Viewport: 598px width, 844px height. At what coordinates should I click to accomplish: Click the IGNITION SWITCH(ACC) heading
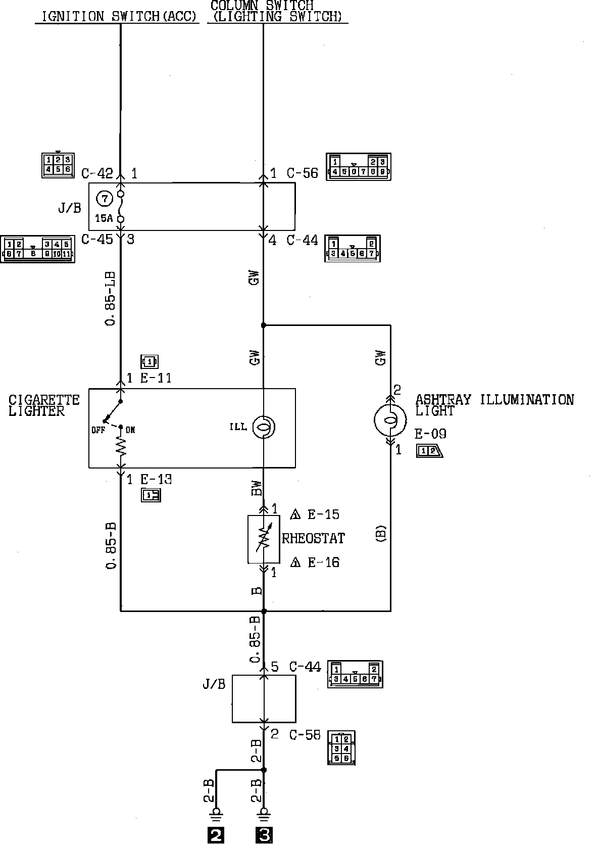(118, 17)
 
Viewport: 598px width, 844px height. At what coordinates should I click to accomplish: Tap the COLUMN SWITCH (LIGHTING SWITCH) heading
(277, 11)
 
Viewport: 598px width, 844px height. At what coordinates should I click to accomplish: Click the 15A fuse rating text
(104, 219)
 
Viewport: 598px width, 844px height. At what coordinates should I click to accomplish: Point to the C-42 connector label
(97, 174)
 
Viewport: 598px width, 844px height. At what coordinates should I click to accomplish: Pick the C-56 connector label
(303, 173)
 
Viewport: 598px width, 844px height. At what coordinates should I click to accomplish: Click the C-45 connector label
(97, 239)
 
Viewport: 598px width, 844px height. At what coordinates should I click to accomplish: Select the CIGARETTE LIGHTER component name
(44, 405)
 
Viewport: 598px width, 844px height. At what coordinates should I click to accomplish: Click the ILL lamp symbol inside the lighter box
(264, 428)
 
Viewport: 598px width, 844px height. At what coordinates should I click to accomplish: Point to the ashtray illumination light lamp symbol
(390, 419)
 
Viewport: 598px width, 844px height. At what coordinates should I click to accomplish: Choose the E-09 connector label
(430, 434)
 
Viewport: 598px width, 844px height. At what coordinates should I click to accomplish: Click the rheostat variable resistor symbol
(264, 539)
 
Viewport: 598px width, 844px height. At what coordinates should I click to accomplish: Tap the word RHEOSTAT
(313, 539)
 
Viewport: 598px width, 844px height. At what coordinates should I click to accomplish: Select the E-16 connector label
(323, 562)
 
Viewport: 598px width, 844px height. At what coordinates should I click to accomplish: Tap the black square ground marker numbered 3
(264, 835)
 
